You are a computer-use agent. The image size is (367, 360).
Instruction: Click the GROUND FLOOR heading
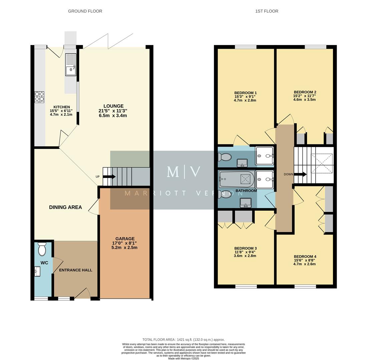[x=85, y=11]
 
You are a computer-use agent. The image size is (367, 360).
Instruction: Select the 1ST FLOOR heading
[x=267, y=11]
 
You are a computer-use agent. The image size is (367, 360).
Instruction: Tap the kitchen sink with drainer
[x=71, y=65]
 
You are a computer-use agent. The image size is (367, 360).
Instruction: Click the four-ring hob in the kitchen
[x=39, y=97]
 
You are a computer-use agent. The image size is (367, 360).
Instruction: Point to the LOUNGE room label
[x=113, y=106]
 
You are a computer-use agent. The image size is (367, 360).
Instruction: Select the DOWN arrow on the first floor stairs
[x=300, y=174]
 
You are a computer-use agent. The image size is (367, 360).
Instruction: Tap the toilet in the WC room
[x=42, y=249]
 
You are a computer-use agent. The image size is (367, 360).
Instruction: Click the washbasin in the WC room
[x=37, y=272]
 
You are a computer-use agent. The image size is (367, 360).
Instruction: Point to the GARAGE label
[x=125, y=239]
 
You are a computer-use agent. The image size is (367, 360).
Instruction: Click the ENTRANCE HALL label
[x=76, y=270]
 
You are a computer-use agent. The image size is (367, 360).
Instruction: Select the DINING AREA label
[x=65, y=207]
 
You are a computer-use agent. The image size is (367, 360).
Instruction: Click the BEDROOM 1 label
[x=245, y=93]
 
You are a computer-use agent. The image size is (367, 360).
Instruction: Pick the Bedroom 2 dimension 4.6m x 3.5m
[x=305, y=99]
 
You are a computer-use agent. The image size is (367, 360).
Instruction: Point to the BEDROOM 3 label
[x=245, y=248]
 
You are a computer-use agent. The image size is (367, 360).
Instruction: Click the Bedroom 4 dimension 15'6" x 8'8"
[x=304, y=260]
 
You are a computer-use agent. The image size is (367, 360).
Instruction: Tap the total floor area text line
[x=183, y=339]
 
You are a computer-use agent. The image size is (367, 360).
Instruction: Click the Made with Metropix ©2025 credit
[x=183, y=358]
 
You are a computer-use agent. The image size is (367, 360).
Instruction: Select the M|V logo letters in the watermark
[x=184, y=172]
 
